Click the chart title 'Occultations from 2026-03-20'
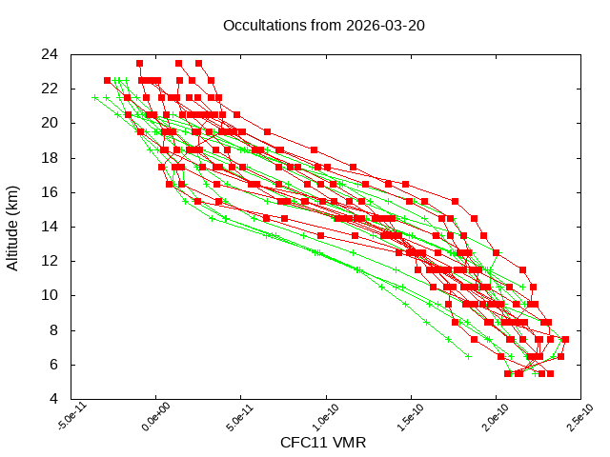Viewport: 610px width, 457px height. (x=323, y=26)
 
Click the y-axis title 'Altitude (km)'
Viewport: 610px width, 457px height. (x=13, y=226)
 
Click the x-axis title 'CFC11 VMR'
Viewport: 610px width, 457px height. (x=323, y=443)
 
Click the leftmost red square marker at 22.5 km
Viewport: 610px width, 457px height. (x=108, y=80)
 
